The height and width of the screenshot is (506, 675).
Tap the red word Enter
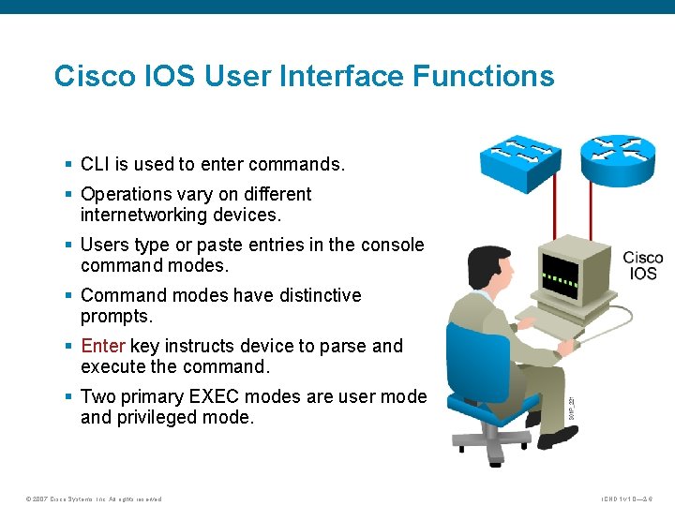[x=103, y=346]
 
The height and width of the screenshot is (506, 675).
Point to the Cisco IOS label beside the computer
[x=643, y=265]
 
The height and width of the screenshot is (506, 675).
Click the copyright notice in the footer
[x=93, y=499]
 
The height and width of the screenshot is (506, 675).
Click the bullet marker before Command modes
[x=68, y=296]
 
